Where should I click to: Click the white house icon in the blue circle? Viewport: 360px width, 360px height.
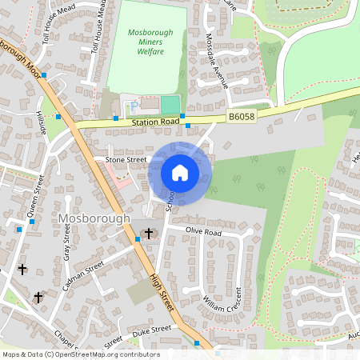point(180,173)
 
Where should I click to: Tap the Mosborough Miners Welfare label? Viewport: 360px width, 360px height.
point(146,42)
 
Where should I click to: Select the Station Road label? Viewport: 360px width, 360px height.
point(156,122)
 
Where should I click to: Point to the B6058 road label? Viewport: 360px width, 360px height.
point(241,117)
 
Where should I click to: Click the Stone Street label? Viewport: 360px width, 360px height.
point(126,160)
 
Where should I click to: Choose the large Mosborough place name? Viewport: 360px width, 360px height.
point(94,218)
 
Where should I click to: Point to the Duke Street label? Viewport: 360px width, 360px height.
point(151,330)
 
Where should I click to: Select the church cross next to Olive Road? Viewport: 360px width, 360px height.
point(148,233)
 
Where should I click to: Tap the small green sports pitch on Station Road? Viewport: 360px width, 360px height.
point(170,105)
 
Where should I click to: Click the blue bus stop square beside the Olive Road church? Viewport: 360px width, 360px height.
point(137,238)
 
